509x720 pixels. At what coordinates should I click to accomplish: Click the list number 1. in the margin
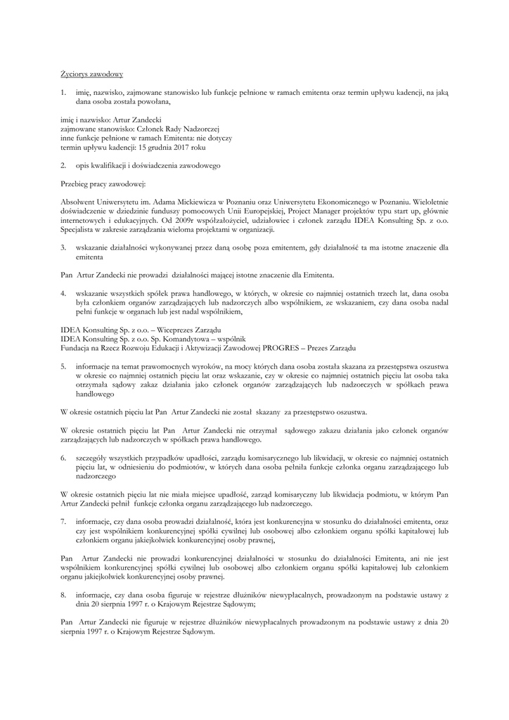pyautogui.click(x=63, y=92)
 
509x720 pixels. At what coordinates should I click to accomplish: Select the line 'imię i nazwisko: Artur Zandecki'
pyautogui.click(x=101, y=120)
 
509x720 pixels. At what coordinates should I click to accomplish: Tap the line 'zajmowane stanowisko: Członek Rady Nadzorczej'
pyautogui.click(x=131, y=129)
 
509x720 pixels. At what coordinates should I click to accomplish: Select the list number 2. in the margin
pyautogui.click(x=63, y=166)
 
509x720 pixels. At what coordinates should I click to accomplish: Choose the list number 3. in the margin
pyautogui.click(x=63, y=248)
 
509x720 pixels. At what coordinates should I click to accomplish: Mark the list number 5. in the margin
pyautogui.click(x=63, y=367)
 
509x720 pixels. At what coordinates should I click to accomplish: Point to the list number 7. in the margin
pyautogui.click(x=63, y=522)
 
